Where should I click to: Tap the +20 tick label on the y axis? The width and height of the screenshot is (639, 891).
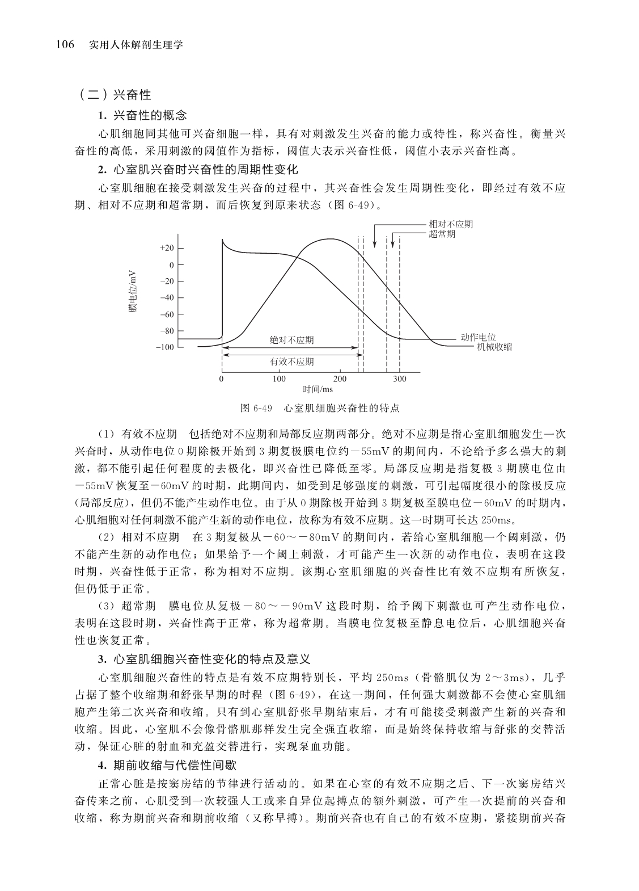tap(167, 248)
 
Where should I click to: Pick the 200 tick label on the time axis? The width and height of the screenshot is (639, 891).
tap(340, 379)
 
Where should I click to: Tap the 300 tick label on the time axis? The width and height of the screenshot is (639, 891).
tap(400, 379)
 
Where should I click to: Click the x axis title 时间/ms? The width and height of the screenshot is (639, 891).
tap(318, 389)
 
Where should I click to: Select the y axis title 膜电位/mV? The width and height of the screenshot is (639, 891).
tap(132, 291)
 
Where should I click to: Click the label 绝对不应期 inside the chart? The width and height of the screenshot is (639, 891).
tap(291, 341)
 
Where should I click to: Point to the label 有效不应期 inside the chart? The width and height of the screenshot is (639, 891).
tap(291, 362)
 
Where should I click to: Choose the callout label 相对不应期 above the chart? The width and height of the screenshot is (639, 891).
tap(451, 224)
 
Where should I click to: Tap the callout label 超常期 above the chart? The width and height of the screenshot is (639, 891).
tap(442, 234)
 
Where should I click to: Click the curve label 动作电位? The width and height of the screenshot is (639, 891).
tap(478, 338)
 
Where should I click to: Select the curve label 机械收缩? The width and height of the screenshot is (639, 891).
tap(494, 347)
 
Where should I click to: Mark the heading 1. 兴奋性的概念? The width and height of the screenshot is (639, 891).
tap(142, 116)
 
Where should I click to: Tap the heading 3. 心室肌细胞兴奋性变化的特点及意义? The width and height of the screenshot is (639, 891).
tap(204, 659)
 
